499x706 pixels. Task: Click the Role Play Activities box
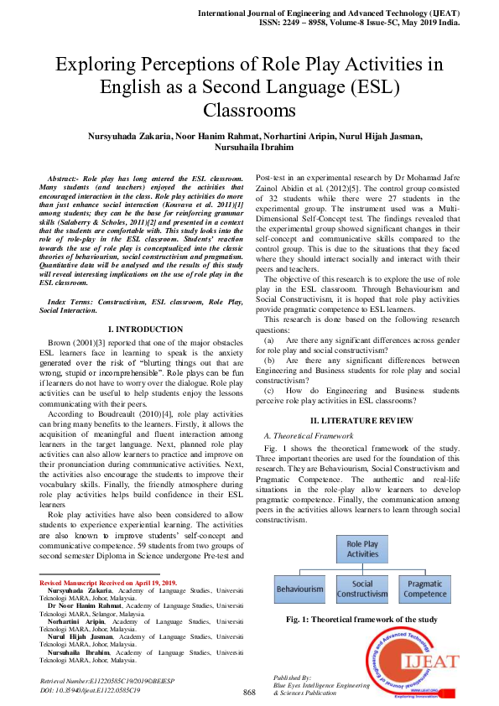363,548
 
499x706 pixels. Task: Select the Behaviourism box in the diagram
299,589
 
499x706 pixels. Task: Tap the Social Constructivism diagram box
363,589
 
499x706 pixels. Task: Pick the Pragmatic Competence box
425,589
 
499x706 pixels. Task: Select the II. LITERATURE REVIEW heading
361,419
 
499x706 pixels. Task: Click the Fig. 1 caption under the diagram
361,619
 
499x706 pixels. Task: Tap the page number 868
249,692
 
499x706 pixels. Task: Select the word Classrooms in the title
249,110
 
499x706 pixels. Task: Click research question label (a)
268,341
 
